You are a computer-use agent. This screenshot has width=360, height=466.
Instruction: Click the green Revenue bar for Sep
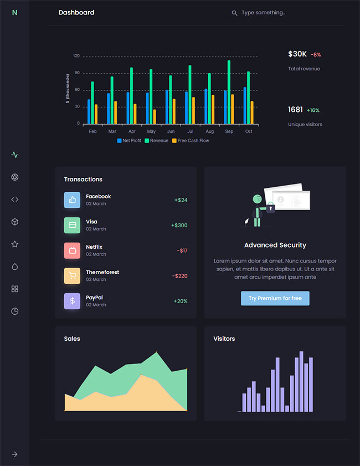pos(229,92)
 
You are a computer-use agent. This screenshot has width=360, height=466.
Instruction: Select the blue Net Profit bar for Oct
pos(245,105)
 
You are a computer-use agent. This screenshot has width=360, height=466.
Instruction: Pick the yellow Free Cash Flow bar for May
pos(155,116)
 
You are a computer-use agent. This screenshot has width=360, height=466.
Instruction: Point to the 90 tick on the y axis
pos(76,73)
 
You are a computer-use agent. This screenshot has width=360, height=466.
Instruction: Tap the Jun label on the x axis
pos(171,131)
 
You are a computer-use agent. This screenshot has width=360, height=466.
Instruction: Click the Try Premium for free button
pos(275,298)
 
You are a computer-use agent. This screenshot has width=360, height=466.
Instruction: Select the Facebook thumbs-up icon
pos(72,200)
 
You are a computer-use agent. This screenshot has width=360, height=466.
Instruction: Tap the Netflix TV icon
pos(72,250)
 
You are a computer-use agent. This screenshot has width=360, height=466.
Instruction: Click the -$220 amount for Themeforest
pos(179,276)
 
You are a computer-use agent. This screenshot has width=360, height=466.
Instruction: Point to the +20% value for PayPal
pos(180,301)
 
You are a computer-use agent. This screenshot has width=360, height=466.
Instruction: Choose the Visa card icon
pos(72,225)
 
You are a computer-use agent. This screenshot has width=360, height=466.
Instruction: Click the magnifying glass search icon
pos(234,13)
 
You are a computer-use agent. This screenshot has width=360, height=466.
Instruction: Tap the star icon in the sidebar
pos(15,244)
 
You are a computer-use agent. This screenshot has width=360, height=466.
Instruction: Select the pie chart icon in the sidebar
pos(15,311)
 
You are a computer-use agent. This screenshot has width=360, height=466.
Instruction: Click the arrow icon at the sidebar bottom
pos(15,454)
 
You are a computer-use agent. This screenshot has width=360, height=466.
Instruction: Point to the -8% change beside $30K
pos(316,55)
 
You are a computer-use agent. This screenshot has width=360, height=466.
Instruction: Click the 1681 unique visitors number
pos(295,110)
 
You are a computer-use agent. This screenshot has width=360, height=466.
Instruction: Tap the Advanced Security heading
pos(275,245)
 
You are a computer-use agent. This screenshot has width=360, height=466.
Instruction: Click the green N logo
pos(14,12)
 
